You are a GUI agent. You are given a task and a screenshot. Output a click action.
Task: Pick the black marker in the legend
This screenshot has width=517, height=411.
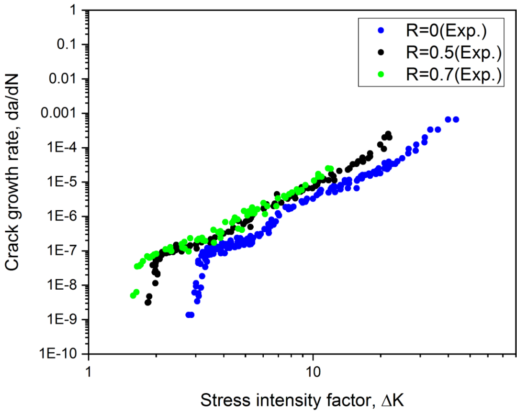coord(381,53)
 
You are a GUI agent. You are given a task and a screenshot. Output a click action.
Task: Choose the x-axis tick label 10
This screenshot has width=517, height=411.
coord(313,370)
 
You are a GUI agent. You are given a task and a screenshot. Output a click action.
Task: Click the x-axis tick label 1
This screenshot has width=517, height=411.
coord(89,370)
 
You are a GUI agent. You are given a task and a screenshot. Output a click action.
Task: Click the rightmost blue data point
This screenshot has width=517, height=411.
coord(456,119)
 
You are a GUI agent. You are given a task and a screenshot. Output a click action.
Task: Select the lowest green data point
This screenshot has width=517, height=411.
coord(133,295)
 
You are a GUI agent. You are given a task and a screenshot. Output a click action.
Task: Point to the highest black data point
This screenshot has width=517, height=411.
coord(388,134)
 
